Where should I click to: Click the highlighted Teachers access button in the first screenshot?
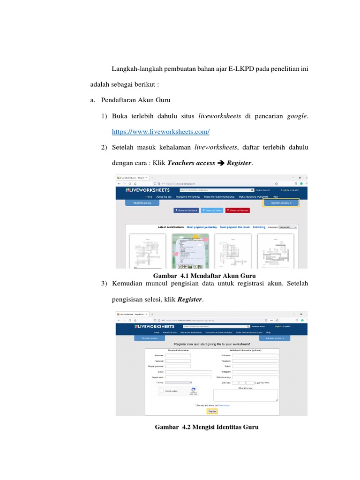tap(281, 203)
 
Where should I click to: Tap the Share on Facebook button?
tap(186, 210)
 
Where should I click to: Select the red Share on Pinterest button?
tap(238, 210)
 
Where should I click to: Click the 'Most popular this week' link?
tap(235, 227)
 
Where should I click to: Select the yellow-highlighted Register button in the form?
tap(212, 411)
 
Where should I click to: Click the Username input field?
tap(178, 356)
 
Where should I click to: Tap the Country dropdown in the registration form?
tap(179, 382)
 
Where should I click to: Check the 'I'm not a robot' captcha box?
tap(162, 390)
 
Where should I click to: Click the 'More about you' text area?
tap(246, 395)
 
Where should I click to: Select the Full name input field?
tap(255, 356)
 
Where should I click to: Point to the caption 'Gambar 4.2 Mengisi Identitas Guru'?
tap(206, 427)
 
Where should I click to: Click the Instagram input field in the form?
tap(255, 372)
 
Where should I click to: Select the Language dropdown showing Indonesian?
tap(287, 227)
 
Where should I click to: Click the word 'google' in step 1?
tap(297, 116)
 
